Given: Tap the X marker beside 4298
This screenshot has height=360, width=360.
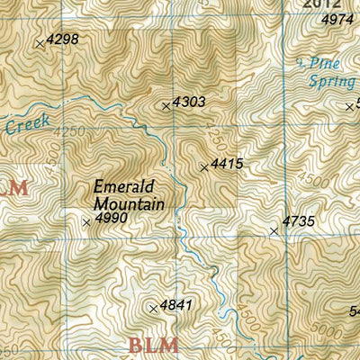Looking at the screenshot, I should [x=39, y=42].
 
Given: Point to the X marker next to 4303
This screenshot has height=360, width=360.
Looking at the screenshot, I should [x=166, y=106].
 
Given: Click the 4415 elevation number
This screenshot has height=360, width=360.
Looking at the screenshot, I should [x=227, y=165].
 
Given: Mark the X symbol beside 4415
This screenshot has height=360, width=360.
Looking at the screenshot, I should [x=203, y=166].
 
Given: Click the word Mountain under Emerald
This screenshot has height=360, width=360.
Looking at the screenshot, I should [x=129, y=204].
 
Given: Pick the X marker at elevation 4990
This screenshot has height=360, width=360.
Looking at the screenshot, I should [x=86, y=222].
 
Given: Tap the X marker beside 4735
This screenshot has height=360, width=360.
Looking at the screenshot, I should [x=274, y=231].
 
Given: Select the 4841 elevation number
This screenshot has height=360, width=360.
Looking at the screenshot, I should [x=176, y=306].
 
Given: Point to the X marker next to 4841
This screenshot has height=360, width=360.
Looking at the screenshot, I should [x=153, y=309].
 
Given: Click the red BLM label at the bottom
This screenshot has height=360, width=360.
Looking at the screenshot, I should [x=153, y=345].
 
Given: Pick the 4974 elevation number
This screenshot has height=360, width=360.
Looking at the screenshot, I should [x=337, y=19].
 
